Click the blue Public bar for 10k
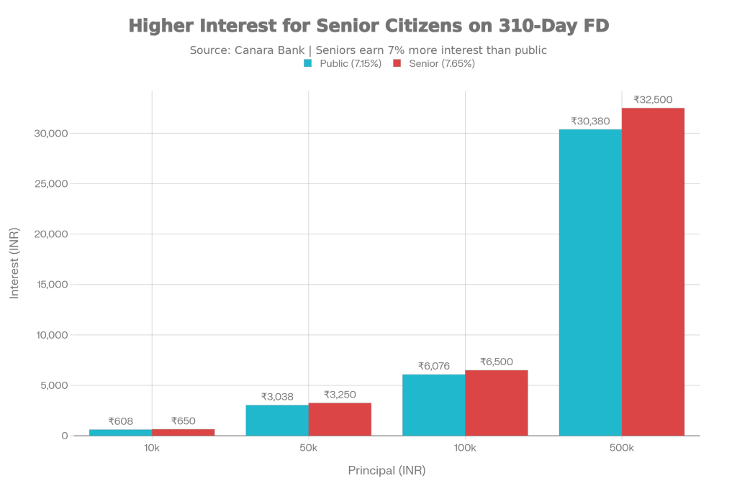[120, 432]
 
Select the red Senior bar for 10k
[184, 432]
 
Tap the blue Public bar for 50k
[277, 420]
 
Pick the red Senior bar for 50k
[340, 419]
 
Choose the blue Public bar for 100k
[433, 405]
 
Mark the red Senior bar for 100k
[497, 403]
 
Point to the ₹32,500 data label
[653, 100]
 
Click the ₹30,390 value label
[590, 121]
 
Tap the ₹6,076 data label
[434, 366]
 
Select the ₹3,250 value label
[340, 395]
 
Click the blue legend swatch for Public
[307, 63]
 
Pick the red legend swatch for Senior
[396, 63]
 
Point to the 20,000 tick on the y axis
[52, 234]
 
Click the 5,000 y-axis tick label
[55, 385]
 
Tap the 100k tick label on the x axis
[465, 449]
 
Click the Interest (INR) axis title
[14, 264]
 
